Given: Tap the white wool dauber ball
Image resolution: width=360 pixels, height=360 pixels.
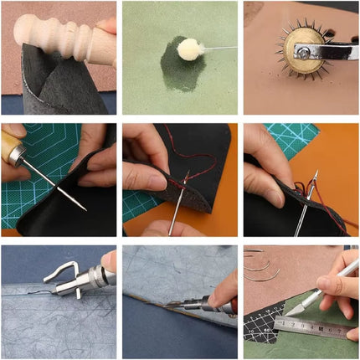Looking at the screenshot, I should click(x=189, y=49).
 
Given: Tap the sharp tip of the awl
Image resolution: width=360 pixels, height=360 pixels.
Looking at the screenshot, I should click(x=83, y=207).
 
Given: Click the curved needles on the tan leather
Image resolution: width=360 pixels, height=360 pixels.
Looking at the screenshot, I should click(x=260, y=266).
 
